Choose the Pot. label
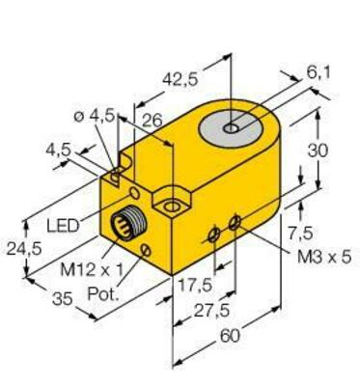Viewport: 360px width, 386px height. click(104, 292)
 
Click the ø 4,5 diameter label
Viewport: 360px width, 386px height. click(96, 116)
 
